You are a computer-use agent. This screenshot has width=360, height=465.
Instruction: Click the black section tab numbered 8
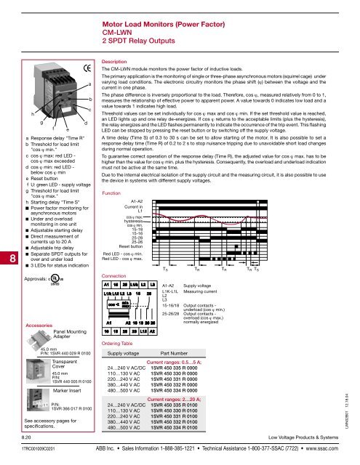pyautogui.click(x=7, y=237)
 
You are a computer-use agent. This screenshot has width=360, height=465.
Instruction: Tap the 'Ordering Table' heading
pyautogui.click(x=121, y=363)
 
